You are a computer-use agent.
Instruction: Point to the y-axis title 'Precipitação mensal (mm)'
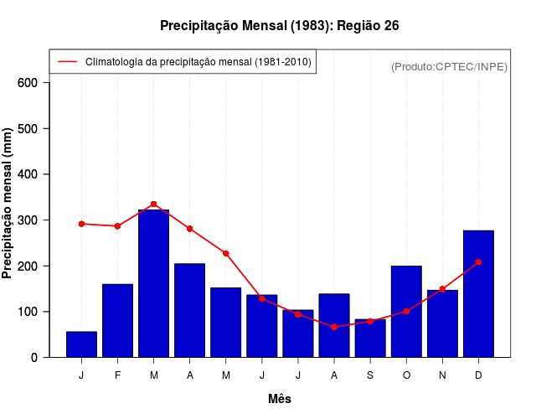click(x=8, y=204)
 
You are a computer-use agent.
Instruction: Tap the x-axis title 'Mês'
click(x=280, y=399)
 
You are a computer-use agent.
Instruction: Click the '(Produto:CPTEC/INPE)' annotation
click(x=449, y=66)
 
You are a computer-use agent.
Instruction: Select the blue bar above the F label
click(x=117, y=321)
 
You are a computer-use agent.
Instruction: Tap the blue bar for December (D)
click(x=478, y=294)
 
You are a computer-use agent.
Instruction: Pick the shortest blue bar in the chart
click(x=81, y=344)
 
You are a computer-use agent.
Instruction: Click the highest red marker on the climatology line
click(x=153, y=204)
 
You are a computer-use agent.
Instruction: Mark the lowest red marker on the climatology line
click(x=334, y=327)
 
